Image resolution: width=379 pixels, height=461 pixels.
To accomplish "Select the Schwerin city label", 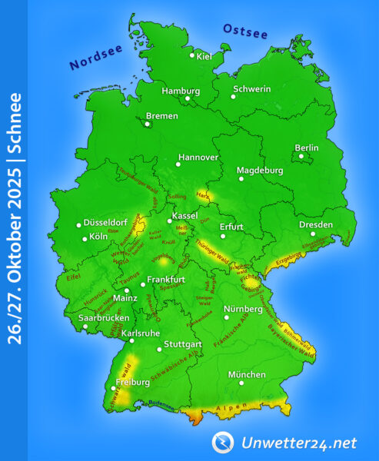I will click(254, 89).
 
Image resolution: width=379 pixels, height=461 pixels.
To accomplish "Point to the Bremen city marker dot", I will click(148, 121).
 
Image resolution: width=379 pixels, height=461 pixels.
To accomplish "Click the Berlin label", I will click(307, 148).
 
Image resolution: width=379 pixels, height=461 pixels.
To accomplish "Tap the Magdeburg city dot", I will click(241, 179).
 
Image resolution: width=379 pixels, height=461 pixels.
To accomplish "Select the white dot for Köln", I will click(85, 238).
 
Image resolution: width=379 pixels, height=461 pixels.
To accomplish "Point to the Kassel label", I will click(186, 217).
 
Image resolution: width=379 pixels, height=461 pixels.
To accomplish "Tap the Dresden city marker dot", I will click(312, 234).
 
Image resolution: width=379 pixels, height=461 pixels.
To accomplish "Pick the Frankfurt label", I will click(168, 279).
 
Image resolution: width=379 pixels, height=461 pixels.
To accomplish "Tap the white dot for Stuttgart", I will click(159, 350).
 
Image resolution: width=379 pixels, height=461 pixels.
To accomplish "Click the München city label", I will click(247, 375).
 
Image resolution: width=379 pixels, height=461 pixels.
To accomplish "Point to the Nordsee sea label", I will click(96, 57).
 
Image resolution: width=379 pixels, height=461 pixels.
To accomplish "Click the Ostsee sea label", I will click(244, 32).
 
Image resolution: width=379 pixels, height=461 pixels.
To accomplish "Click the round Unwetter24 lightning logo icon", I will click(223, 442).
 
